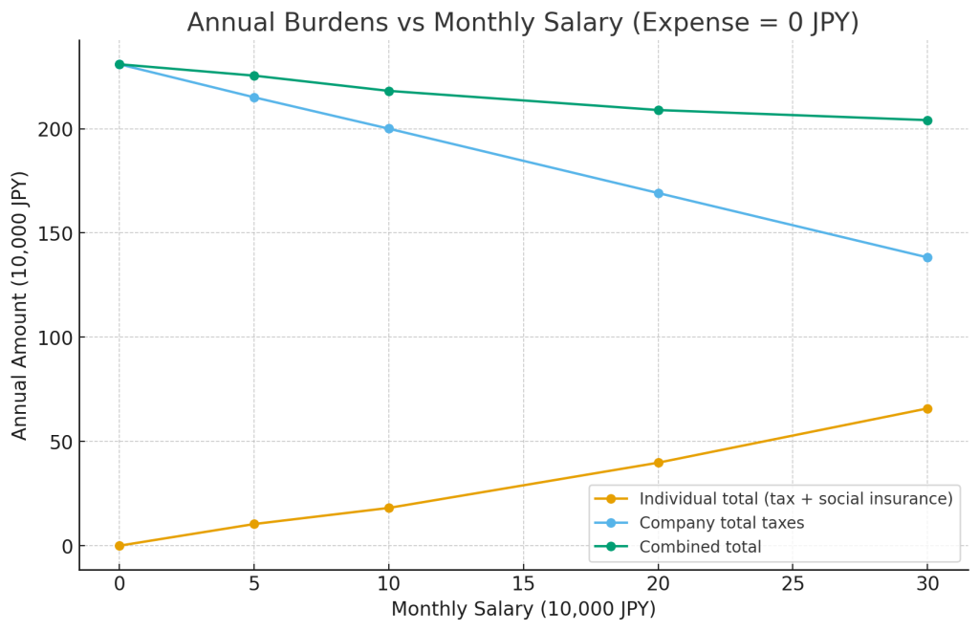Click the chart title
point(523,23)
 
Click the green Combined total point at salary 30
point(927,120)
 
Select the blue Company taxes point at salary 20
point(658,193)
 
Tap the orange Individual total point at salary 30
point(927,409)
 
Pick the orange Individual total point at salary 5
point(254,524)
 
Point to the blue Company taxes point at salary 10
point(389,128)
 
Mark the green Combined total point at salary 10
point(389,91)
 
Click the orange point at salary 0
point(120,546)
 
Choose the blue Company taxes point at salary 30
point(927,257)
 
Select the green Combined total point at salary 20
point(658,110)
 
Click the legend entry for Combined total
point(700,548)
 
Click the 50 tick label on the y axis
point(58,442)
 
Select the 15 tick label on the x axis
point(523,583)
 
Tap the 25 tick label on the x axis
point(793,583)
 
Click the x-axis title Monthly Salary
point(523,609)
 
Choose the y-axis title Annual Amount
point(21,305)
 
